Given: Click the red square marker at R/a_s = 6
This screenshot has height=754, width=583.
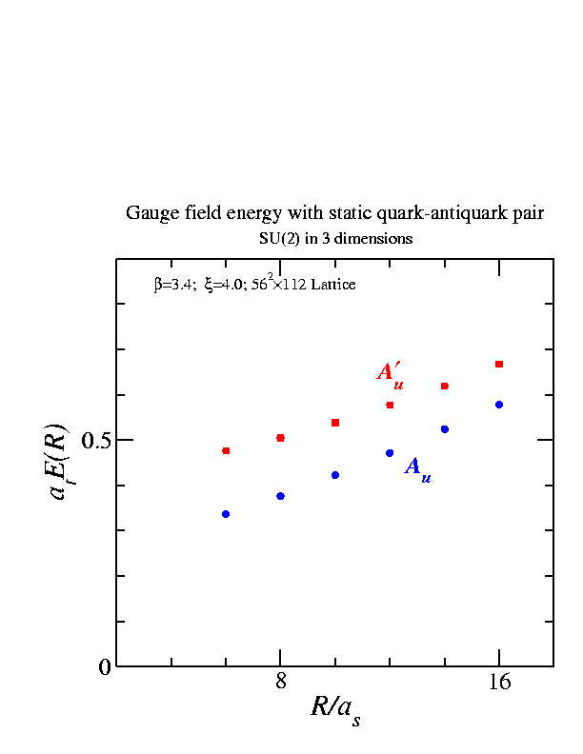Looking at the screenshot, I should [226, 450].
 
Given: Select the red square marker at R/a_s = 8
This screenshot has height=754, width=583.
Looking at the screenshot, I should [280, 438].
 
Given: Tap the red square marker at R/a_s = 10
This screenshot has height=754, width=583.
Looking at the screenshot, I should [335, 422].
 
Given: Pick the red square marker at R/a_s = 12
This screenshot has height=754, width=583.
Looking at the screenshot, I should [390, 405].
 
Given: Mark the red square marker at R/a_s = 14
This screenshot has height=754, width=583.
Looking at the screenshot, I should [445, 386].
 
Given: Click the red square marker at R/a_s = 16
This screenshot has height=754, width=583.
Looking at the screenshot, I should [499, 364].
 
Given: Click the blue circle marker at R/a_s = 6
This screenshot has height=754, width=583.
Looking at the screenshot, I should [226, 514].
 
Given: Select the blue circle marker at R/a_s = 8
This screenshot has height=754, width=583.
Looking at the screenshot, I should [280, 496].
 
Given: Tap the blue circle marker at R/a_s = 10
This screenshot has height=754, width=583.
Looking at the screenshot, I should [335, 474].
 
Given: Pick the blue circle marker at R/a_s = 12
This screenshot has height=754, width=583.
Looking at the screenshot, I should [390, 452].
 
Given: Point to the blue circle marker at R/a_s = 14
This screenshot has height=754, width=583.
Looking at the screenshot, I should [445, 429].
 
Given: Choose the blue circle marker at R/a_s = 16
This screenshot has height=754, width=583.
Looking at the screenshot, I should [499, 405].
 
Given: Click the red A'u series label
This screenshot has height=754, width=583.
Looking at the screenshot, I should [391, 372].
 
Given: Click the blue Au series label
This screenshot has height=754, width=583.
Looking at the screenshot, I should [417, 468].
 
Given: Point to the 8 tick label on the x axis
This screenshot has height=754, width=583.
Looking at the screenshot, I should [280, 682].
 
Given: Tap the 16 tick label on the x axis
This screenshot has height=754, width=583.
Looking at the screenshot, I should [499, 682].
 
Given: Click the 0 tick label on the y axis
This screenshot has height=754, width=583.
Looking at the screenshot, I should [105, 667].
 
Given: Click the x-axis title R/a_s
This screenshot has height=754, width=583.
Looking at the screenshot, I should [335, 709].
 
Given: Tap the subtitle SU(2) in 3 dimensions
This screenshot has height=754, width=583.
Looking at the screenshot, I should [335, 239].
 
